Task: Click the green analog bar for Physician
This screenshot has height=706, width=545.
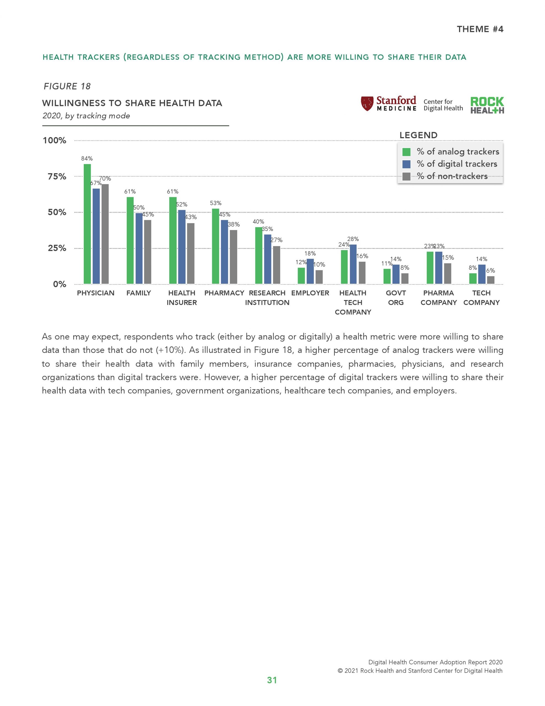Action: pos(87,224)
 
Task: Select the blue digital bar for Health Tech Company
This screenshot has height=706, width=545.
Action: pos(353,264)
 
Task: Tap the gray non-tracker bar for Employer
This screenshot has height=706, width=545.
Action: pos(319,277)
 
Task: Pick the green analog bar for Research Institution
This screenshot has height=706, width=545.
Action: pos(259,255)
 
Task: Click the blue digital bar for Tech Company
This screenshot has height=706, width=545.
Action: pos(482,274)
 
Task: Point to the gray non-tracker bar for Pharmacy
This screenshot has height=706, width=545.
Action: pos(233,257)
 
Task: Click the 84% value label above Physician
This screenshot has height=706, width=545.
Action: pos(87,158)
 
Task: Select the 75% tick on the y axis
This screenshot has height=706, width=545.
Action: pos(57,176)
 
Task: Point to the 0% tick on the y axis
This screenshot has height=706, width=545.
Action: pos(60,284)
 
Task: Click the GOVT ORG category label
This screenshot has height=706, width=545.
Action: pos(396,298)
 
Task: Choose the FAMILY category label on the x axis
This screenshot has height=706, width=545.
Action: pos(139,293)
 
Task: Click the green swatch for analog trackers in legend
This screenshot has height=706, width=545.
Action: pos(406,152)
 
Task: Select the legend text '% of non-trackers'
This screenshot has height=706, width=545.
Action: pos(452,176)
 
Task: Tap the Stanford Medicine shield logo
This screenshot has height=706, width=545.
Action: pos(367,103)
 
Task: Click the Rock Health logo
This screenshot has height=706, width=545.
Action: pos(487,105)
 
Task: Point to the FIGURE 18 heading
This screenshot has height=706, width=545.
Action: pos(67,86)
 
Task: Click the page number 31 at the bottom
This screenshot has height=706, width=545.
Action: pos(272,680)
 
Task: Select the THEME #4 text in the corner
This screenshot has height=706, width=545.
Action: pos(480,29)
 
